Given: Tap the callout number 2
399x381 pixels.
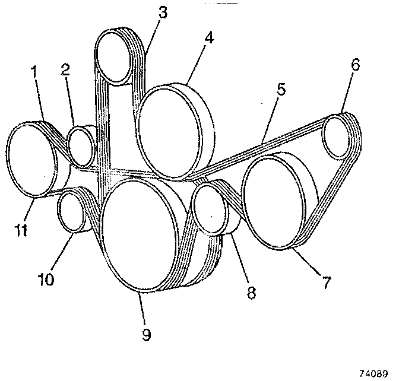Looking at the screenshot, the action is pos(65,69).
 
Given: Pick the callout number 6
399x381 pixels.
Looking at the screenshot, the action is pos(355,65).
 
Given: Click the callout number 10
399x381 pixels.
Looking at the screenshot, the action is pos(46,278).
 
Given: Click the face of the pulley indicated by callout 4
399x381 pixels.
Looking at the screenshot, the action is pos(169,132).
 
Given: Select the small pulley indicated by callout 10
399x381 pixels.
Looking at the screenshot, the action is pos(73,212).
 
